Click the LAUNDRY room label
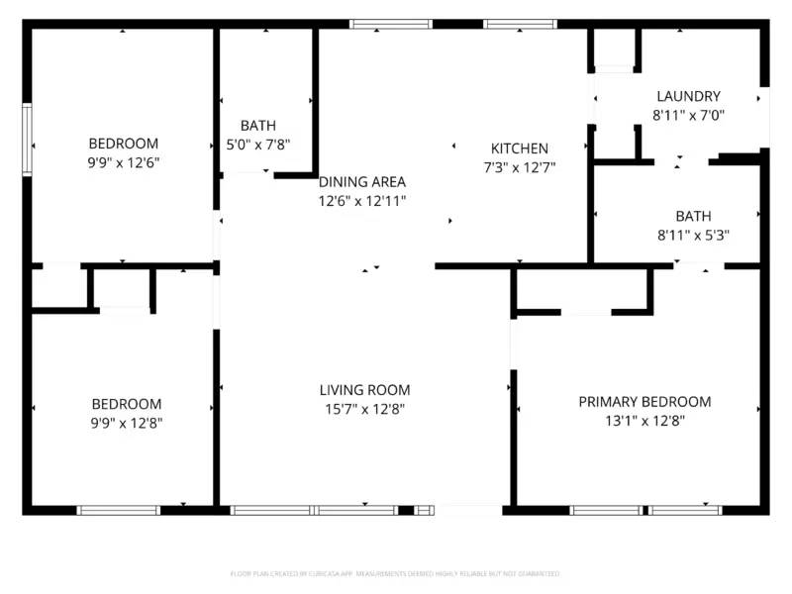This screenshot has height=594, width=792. (688, 96)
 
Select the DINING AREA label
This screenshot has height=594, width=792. (362, 182)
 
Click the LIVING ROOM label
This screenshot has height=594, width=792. (364, 390)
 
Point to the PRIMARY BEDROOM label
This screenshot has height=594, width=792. (644, 402)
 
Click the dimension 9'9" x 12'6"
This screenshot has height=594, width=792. (124, 162)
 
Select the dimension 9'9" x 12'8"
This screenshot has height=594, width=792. (127, 423)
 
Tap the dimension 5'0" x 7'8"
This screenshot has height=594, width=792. (258, 145)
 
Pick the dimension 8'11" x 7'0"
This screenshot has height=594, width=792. (688, 115)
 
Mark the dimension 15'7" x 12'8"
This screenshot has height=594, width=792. (364, 409)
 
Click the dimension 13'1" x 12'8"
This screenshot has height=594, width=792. (644, 421)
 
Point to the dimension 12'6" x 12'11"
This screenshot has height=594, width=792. (362, 201)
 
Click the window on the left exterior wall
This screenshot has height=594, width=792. (29, 139)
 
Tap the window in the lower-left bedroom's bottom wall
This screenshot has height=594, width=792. (119, 510)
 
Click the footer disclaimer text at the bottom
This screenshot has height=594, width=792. (395, 573)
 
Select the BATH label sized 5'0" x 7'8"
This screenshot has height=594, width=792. (258, 126)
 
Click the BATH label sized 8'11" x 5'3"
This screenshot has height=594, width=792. (693, 216)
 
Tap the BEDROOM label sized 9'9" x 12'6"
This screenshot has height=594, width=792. (124, 144)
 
